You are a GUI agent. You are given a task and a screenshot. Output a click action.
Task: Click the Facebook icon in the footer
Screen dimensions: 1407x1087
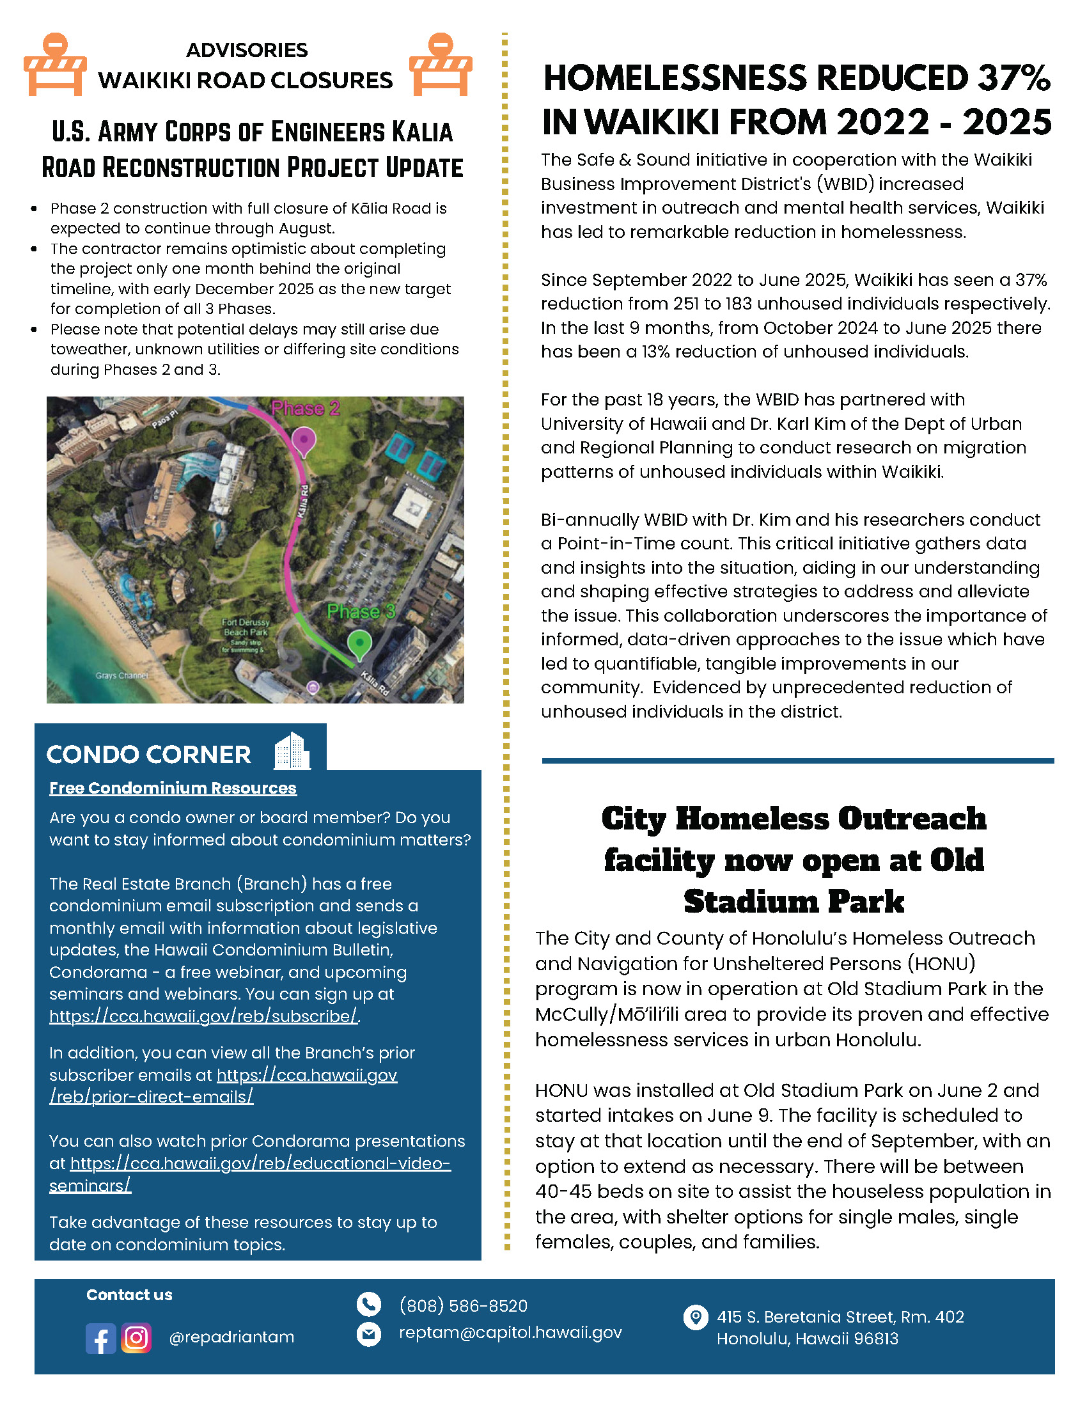[x=100, y=1338]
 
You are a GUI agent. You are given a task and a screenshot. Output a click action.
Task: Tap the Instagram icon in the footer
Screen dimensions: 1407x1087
[x=136, y=1338]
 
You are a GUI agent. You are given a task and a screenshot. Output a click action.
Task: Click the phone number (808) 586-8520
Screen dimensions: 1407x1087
[x=463, y=1306]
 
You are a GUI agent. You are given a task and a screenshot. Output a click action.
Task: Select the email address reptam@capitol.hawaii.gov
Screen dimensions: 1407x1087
[x=510, y=1332]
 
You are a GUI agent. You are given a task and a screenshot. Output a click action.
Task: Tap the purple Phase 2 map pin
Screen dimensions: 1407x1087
[x=303, y=442]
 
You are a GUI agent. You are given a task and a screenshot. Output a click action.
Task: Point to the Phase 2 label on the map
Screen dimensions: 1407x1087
[x=305, y=409]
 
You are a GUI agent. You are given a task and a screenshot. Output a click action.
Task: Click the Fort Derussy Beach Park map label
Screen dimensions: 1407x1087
[x=246, y=627]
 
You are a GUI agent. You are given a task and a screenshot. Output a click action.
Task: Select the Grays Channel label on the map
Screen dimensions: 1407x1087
[x=121, y=675]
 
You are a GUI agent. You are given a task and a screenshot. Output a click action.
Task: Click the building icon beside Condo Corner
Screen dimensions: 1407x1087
[x=292, y=751]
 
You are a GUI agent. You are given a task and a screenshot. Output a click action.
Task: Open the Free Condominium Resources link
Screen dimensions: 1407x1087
[x=173, y=788]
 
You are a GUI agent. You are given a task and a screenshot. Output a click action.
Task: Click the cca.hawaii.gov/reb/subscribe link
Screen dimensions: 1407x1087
[x=203, y=1016]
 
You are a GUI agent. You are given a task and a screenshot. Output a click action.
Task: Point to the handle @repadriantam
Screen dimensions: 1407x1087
[x=231, y=1337]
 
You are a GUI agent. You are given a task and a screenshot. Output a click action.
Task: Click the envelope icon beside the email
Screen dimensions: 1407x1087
[x=369, y=1333]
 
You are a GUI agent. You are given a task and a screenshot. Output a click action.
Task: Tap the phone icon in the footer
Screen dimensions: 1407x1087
[x=369, y=1305]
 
